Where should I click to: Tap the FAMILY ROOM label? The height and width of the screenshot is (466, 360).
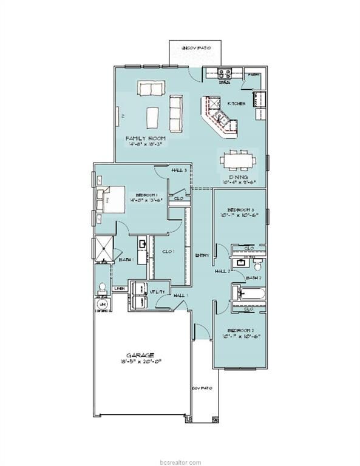[x=146, y=138]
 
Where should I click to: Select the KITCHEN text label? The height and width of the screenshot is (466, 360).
[x=236, y=104]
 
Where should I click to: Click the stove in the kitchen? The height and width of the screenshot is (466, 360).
[x=223, y=75]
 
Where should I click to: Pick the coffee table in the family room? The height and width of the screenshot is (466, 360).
[x=152, y=115]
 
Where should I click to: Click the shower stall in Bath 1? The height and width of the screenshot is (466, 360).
[x=102, y=248]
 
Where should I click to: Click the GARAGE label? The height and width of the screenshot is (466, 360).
[x=140, y=355]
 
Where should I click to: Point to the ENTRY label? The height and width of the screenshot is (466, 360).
[x=202, y=255]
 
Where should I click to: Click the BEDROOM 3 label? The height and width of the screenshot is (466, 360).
[x=240, y=208]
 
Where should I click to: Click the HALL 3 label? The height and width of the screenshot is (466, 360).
[x=179, y=171]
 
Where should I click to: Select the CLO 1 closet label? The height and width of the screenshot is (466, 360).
[x=169, y=252]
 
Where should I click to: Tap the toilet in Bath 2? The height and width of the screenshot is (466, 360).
[x=257, y=265]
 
